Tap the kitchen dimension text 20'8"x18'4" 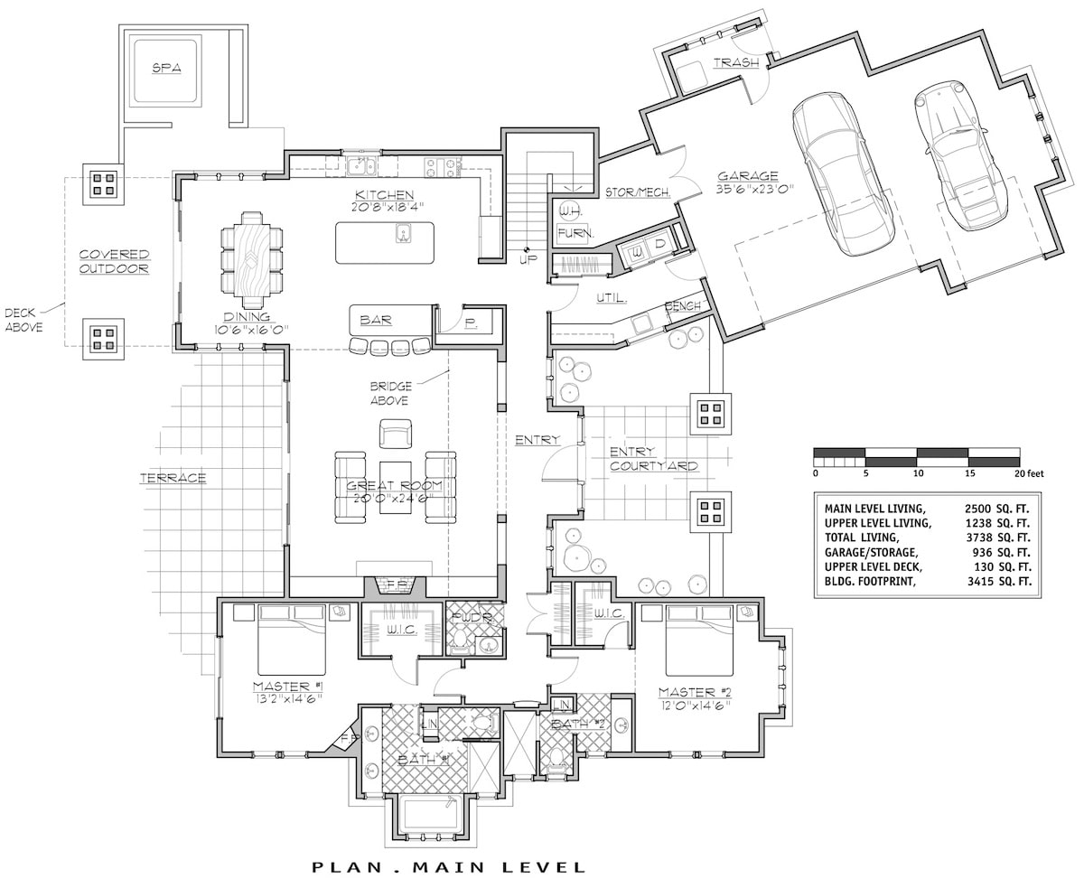click(x=385, y=207)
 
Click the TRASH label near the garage click(x=736, y=63)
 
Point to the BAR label click(x=375, y=320)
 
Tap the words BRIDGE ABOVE click(x=390, y=393)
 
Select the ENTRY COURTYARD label click(x=653, y=459)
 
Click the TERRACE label click(x=173, y=478)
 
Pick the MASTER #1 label click(x=288, y=686)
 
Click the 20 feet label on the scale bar click(x=1028, y=472)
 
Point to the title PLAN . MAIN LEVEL click(x=449, y=867)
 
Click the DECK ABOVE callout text click(x=24, y=320)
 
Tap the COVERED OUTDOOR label click(x=113, y=261)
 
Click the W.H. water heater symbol click(x=569, y=210)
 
